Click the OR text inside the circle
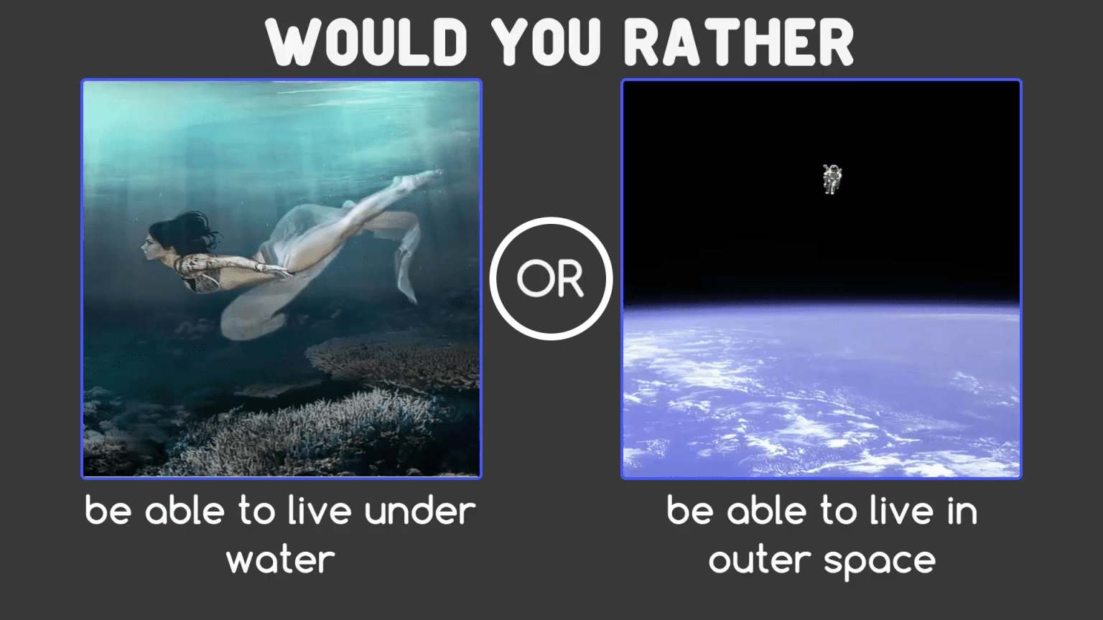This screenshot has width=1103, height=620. tap(551, 278)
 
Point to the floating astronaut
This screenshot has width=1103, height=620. tap(832, 179)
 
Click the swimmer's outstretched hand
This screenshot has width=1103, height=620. tap(276, 271)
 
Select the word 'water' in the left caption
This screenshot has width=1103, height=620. tap(281, 560)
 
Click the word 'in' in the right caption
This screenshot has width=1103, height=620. tap(962, 512)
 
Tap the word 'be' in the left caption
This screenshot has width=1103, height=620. tap(108, 512)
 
